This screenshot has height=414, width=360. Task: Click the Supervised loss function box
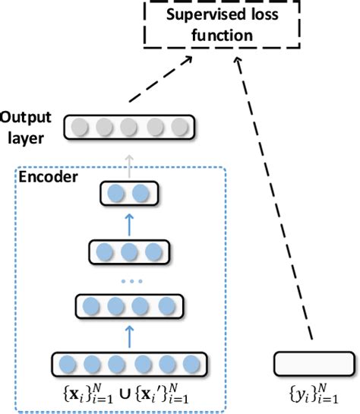221,26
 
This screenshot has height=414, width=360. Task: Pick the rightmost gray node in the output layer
178,128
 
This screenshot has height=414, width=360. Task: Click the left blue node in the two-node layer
117,194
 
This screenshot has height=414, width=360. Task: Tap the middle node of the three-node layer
128,251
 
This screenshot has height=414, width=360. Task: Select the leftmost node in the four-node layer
90,308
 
